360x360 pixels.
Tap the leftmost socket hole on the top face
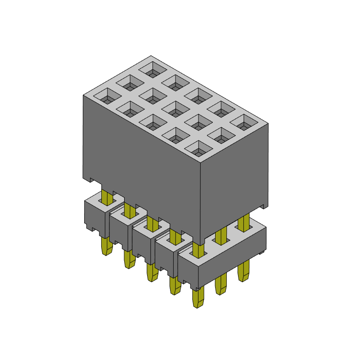107,96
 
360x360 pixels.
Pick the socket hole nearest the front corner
198,148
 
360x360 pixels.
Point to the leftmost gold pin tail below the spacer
107,246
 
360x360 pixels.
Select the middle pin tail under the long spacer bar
220,285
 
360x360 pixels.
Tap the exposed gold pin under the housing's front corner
198,249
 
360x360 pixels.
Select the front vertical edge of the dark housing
200,198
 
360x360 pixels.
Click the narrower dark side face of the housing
234,180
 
